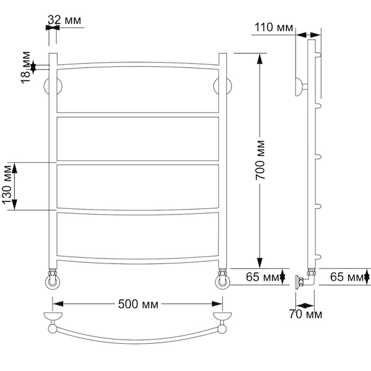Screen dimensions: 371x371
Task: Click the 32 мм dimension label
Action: (x=64, y=20)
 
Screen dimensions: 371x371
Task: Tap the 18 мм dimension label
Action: (x=26, y=67)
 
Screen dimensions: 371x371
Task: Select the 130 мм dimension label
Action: (x=7, y=185)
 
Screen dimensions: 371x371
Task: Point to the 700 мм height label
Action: (x=260, y=160)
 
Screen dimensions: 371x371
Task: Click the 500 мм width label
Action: (x=138, y=304)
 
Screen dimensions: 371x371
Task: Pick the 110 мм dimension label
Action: (x=273, y=27)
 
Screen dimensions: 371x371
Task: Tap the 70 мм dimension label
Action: (x=305, y=314)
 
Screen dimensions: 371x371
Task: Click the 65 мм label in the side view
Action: (x=347, y=276)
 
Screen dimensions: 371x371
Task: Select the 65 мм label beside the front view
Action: (x=263, y=277)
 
